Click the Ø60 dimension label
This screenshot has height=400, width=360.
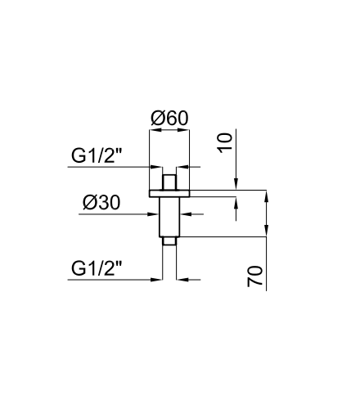point(169,118)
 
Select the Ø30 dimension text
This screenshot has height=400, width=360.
point(101,203)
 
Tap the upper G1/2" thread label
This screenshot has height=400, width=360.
point(96,155)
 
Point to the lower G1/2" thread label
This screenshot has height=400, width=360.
point(96,268)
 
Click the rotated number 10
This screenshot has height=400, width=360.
point(225,143)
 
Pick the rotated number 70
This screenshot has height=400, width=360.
point(254,276)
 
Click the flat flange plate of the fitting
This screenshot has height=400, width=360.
point(169,193)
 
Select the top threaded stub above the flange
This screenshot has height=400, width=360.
point(169,182)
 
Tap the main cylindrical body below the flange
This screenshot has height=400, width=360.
point(169,217)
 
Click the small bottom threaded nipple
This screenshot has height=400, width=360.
point(169,241)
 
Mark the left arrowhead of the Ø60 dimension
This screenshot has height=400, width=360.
point(154,130)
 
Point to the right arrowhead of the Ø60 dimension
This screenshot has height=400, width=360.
point(185,130)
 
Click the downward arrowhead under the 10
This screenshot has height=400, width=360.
point(236,184)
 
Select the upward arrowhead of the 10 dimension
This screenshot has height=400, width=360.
point(236,201)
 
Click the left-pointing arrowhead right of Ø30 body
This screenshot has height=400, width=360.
point(185,214)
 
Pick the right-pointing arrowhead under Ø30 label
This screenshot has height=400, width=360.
point(154,214)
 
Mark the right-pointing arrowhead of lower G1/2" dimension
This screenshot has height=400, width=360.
point(157,280)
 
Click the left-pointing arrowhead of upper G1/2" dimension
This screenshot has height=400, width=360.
point(181,167)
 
